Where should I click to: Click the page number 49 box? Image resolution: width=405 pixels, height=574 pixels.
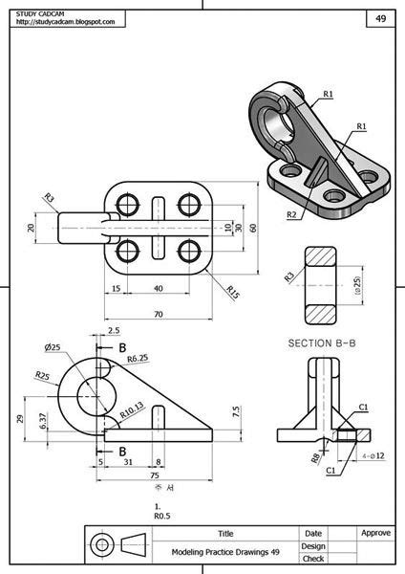tap(379, 17)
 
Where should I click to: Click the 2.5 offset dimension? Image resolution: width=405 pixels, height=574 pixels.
tap(115, 329)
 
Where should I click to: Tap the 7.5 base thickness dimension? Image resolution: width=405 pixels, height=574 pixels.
tap(235, 410)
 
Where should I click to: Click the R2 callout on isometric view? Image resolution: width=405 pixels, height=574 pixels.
tap(290, 214)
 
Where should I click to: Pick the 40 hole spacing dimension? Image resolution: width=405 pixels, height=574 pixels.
tap(158, 288)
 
